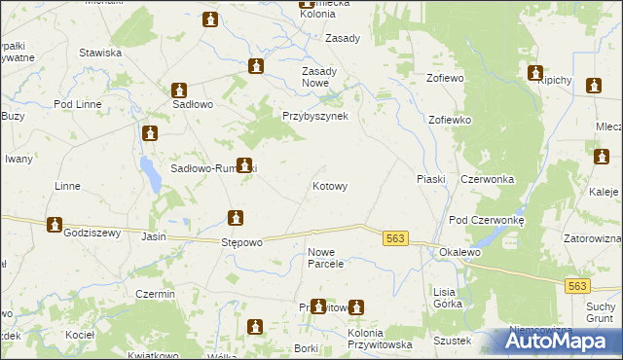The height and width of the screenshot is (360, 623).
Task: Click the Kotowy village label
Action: pyautogui.click(x=329, y=185)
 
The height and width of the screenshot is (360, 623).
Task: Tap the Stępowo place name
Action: pyautogui.click(x=242, y=242)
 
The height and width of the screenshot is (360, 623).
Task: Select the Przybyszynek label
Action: pyautogui.click(x=322, y=114)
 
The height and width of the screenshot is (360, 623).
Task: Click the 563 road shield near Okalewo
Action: pyautogui.click(x=394, y=238)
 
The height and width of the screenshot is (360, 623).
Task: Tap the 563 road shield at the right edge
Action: pyautogui.click(x=577, y=285)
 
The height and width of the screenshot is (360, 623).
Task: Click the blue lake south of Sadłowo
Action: pyautogui.click(x=150, y=175)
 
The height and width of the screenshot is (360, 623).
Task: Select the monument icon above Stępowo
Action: pyautogui.click(x=235, y=218)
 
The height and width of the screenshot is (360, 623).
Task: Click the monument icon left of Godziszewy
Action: pyautogui.click(x=55, y=224)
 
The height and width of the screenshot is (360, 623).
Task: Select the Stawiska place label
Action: pyautogui.click(x=100, y=53)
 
